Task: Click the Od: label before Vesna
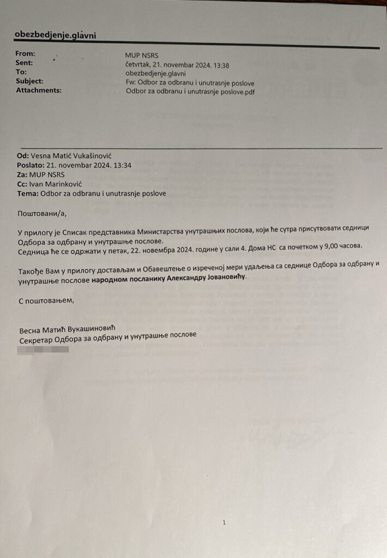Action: pos(23,156)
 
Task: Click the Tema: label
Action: pos(27,193)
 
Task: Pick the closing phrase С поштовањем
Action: pos(46,300)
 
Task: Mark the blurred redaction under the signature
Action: pos(43,347)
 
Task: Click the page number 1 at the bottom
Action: pos(223,522)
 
